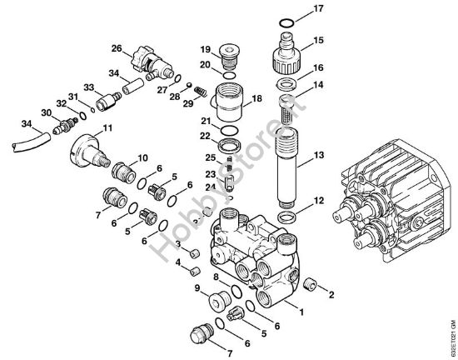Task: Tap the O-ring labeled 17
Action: [285, 21]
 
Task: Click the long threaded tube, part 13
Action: [285, 158]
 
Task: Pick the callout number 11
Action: [106, 127]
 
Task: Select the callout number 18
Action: [256, 97]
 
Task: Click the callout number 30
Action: [47, 112]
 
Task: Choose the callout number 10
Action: [142, 157]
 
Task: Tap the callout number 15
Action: [317, 39]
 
